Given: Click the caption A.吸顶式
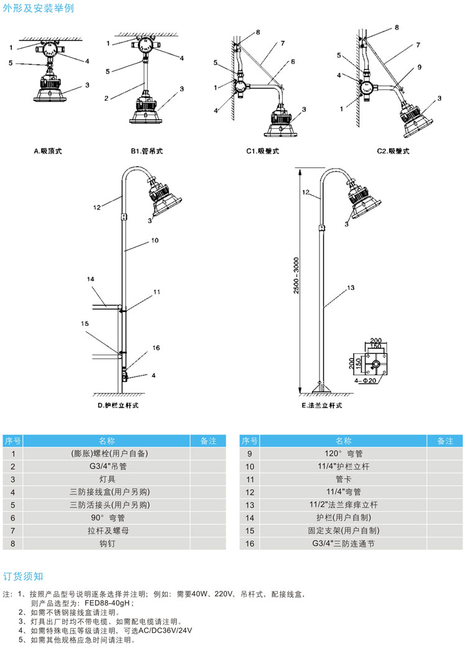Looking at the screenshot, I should (48, 150).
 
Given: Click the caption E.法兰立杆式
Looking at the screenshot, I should (322, 405).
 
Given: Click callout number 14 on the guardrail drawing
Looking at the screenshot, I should (90, 280).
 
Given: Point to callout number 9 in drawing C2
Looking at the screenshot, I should (419, 67).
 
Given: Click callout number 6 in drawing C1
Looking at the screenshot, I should (292, 61).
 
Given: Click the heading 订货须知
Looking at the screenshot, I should (24, 576).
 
